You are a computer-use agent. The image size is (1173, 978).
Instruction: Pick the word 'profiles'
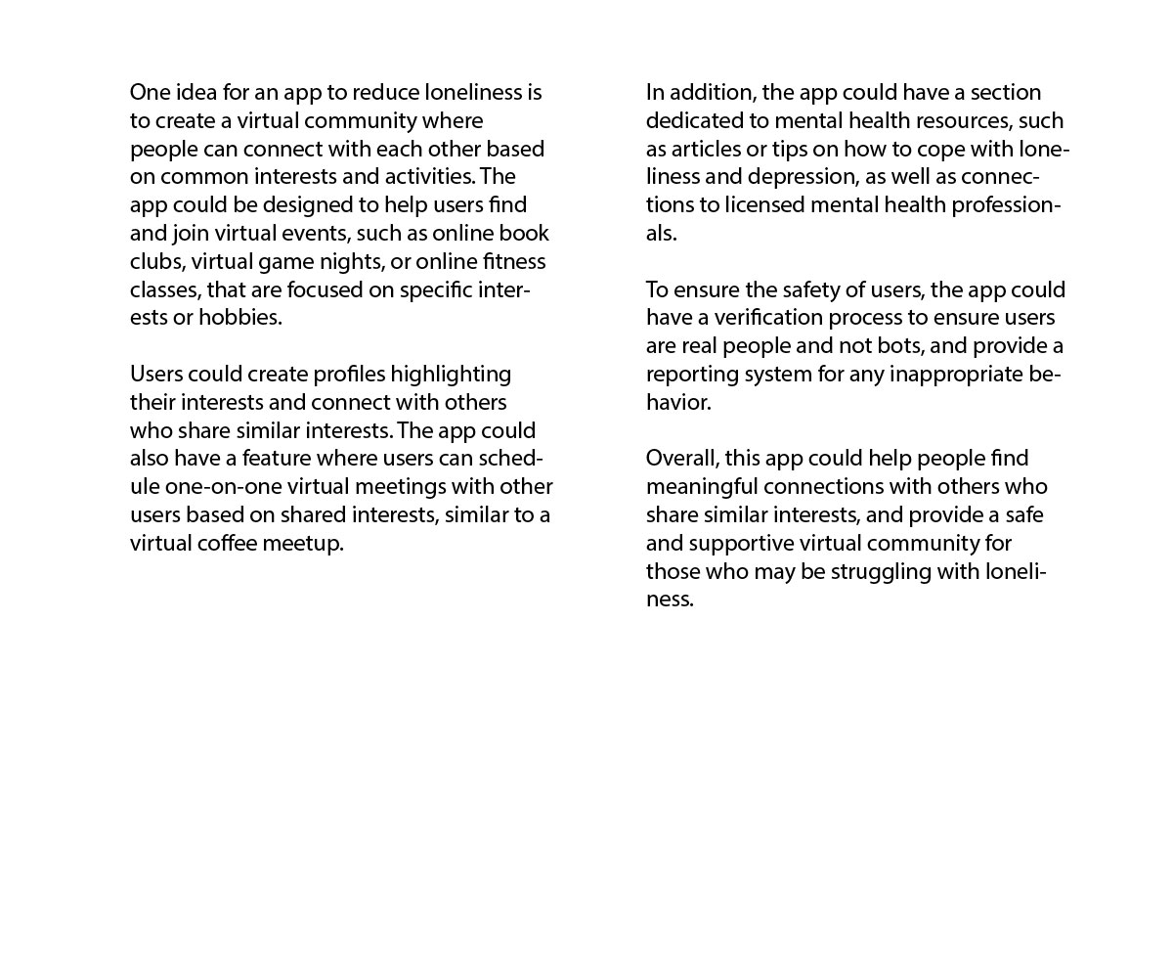[349, 374]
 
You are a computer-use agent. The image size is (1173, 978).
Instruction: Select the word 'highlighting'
[451, 374]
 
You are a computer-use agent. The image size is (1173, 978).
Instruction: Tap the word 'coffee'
[227, 543]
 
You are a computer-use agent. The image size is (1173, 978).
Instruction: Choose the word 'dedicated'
[707, 120]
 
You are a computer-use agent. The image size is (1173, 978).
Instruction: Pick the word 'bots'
[897, 345]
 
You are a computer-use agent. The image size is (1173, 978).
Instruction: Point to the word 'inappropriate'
[956, 374]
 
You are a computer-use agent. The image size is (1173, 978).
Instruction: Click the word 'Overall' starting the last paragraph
[682, 458]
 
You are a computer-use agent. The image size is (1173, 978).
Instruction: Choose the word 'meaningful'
[702, 486]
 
